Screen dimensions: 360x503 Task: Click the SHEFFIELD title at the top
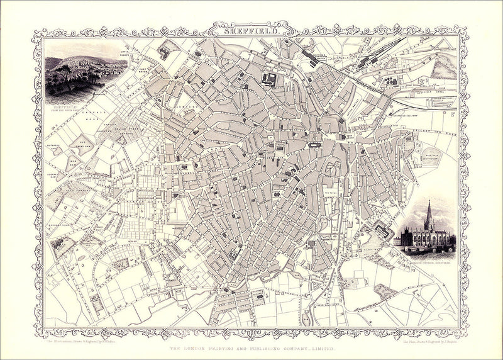[x=251, y=28]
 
